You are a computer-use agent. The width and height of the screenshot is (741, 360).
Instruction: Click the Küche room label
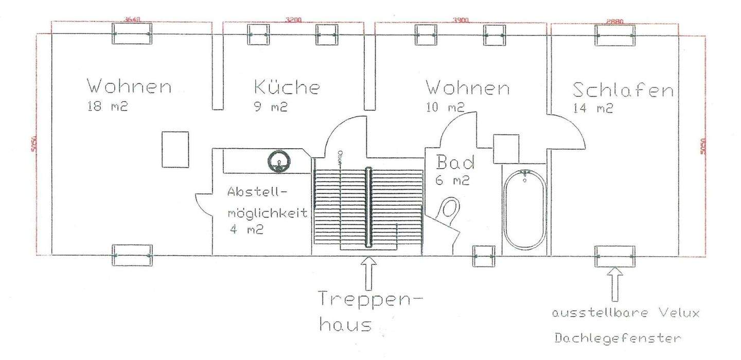[x=287, y=87]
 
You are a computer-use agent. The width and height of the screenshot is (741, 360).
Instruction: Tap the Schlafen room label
[x=623, y=91]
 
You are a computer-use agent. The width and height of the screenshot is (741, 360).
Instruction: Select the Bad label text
[x=455, y=163]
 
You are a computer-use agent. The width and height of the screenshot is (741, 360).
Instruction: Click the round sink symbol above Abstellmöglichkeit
[x=278, y=161]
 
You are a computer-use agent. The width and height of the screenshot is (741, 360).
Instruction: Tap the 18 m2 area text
[x=108, y=108]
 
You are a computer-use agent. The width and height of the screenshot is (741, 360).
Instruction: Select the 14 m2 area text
[x=593, y=109]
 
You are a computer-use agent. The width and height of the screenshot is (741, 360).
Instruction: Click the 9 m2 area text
[x=271, y=108]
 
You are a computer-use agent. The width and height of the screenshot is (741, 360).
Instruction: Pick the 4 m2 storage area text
[x=246, y=230]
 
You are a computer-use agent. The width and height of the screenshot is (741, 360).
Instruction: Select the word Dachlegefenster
[x=617, y=338]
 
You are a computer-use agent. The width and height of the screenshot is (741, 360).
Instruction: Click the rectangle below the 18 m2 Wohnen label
[x=175, y=149]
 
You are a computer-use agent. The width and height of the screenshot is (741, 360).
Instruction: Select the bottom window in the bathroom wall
[x=483, y=256]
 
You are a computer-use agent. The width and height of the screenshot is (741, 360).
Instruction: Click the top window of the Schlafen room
[x=615, y=34]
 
